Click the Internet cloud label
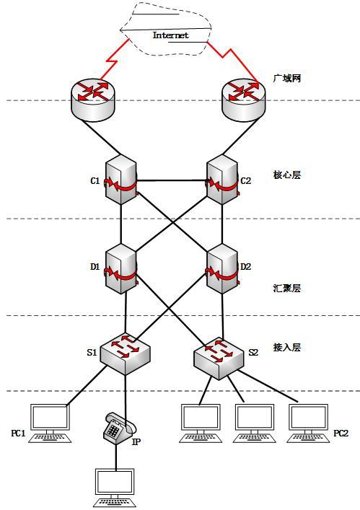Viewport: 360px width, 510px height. pyautogui.click(x=170, y=35)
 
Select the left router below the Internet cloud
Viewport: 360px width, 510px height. pyautogui.click(x=93, y=99)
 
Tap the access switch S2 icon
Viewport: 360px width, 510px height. pyautogui.click(x=219, y=356)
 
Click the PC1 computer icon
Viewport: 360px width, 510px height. pyautogui.click(x=50, y=422)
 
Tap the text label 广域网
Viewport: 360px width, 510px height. pyautogui.click(x=286, y=78)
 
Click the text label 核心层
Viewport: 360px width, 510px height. pyautogui.click(x=286, y=175)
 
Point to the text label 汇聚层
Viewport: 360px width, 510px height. pyautogui.click(x=286, y=289)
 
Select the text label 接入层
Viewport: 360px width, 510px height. pyautogui.click(x=286, y=347)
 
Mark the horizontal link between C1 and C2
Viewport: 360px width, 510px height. pyautogui.click(x=171, y=180)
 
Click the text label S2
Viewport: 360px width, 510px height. pyautogui.click(x=253, y=353)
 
